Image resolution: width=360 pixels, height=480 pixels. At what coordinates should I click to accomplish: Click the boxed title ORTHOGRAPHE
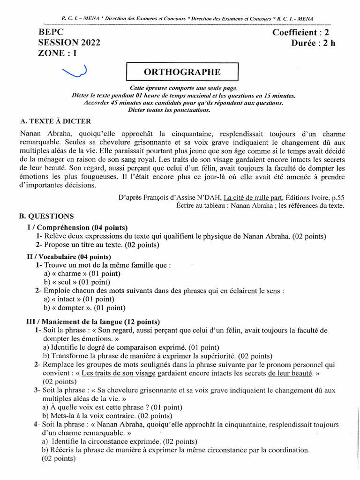pos(183,73)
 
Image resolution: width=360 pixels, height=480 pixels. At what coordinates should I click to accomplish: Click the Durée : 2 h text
pos(313,43)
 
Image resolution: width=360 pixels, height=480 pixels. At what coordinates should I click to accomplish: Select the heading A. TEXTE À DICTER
pos(55,121)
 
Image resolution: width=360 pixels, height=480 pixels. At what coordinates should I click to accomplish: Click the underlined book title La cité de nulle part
pos(253,197)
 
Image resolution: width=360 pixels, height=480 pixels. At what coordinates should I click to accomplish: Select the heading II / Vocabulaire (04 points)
pos(68,257)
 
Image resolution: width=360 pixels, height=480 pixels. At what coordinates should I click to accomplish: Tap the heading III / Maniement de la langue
pos(92,322)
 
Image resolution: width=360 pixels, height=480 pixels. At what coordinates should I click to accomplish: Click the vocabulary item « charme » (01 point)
pos(82,274)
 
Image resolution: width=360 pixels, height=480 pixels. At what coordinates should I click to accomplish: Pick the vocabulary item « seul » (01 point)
pos(77,282)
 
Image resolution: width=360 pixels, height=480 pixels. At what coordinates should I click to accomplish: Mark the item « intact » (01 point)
pos(80,299)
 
